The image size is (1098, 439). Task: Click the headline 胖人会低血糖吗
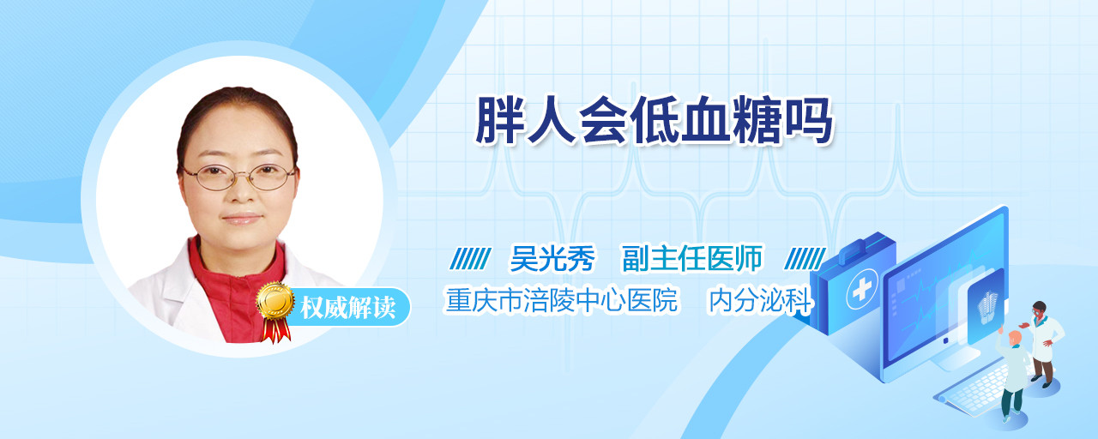pyautogui.click(x=655, y=121)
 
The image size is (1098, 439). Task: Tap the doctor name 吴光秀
pyautogui.click(x=552, y=258)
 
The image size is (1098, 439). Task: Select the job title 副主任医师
pyautogui.click(x=692, y=258)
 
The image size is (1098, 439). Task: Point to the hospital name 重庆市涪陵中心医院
pyautogui.click(x=562, y=300)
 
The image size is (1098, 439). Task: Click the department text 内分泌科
pyautogui.click(x=761, y=300)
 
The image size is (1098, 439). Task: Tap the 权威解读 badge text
pyautogui.click(x=348, y=308)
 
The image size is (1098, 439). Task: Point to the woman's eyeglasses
pyautogui.click(x=238, y=177)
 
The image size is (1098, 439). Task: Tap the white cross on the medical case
pyautogui.click(x=862, y=289)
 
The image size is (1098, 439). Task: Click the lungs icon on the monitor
pyautogui.click(x=986, y=304)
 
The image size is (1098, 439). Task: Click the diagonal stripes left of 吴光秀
pyautogui.click(x=471, y=259)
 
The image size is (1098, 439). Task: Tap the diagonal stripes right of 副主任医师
pyautogui.click(x=805, y=259)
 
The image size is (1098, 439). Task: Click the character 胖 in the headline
pyautogui.click(x=499, y=121)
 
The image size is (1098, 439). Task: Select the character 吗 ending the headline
pyautogui.click(x=809, y=121)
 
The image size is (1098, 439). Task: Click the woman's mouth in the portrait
pyautogui.click(x=242, y=218)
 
